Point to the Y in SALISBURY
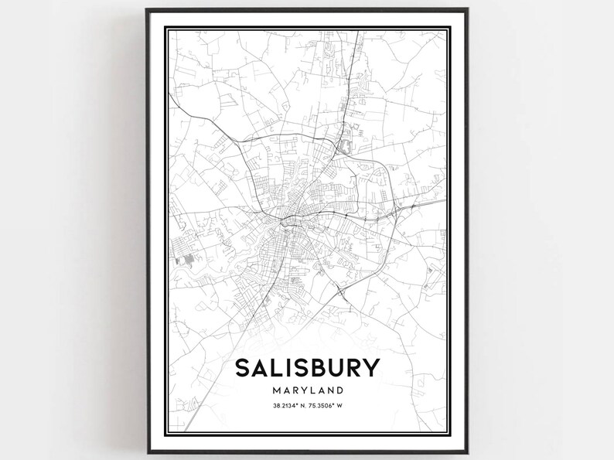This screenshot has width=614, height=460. tap(370, 369)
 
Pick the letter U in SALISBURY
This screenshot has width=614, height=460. tap(333, 369)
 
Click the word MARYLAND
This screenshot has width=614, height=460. tap(306, 391)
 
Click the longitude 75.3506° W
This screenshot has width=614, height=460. tap(327, 409)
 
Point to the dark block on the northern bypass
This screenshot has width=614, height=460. tap(343, 144)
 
